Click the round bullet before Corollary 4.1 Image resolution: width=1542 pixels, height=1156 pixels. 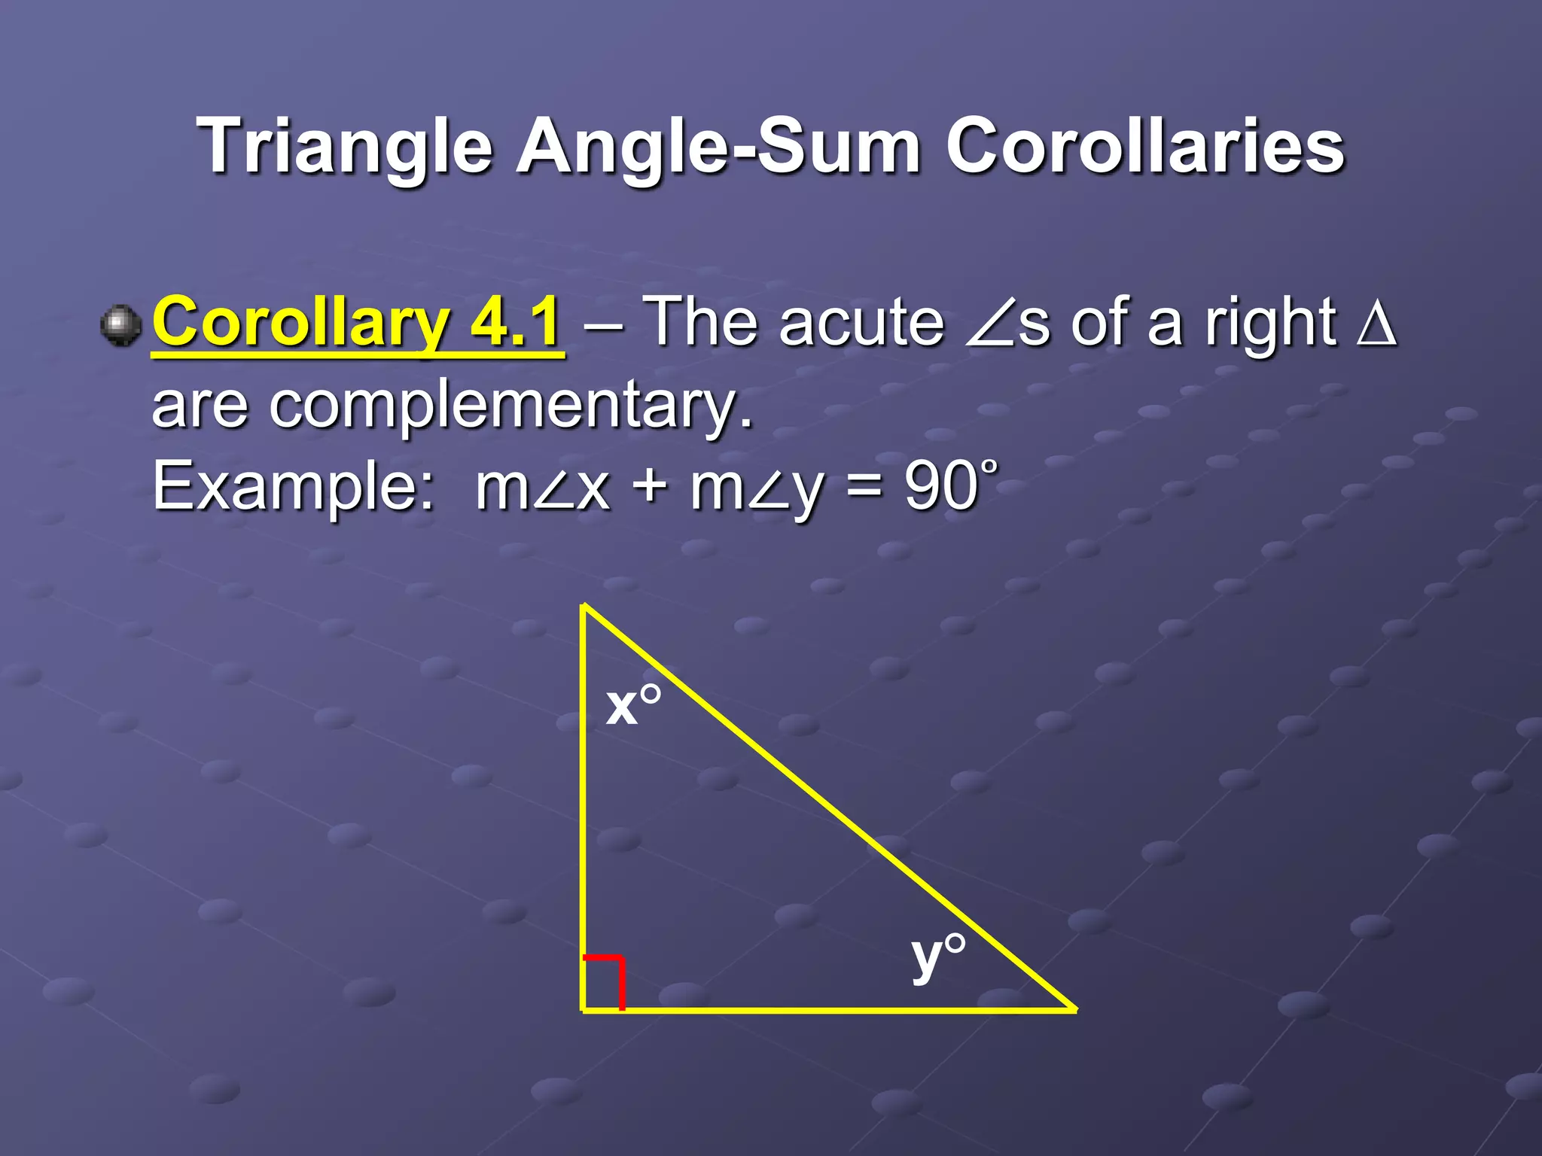[x=120, y=326]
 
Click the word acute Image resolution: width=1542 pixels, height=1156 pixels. [x=861, y=324]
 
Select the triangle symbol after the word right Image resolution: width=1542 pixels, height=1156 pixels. [x=1376, y=324]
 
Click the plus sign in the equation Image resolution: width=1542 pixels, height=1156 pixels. [x=650, y=488]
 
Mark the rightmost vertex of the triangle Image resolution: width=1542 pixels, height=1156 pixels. [x=1073, y=1008]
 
